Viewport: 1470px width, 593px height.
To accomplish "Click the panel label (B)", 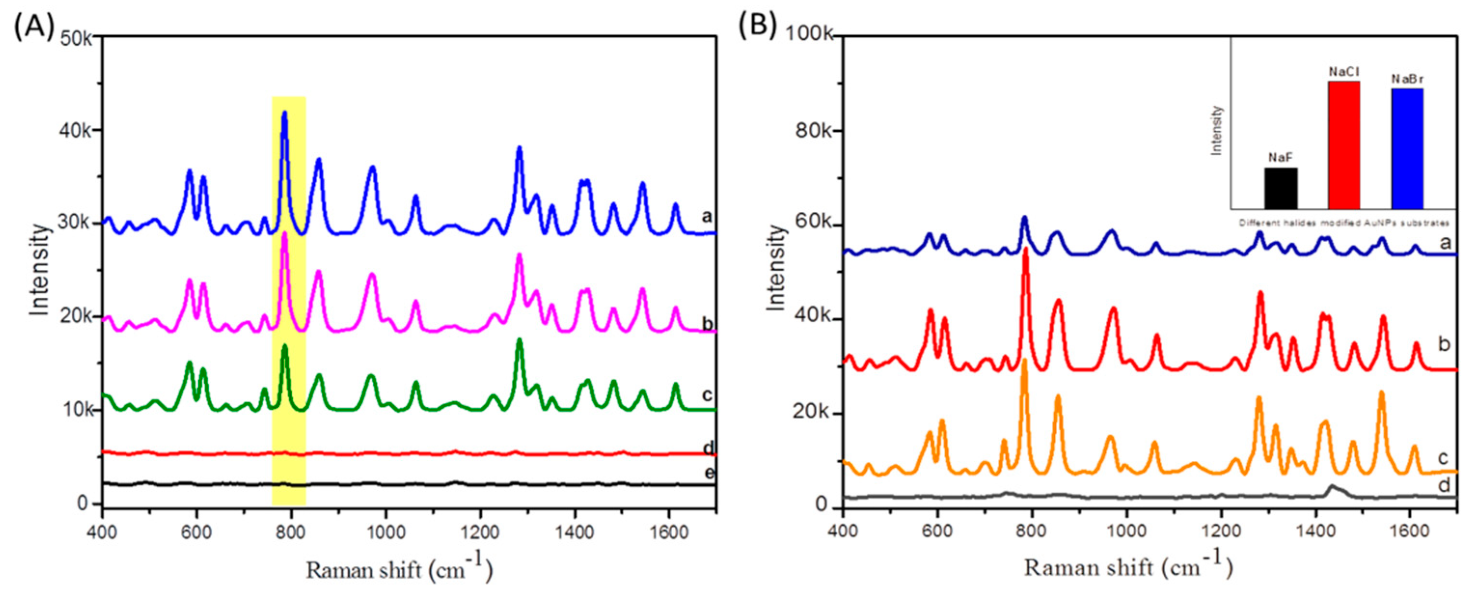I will [758, 26].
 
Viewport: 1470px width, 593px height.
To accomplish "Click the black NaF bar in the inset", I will [1280, 188].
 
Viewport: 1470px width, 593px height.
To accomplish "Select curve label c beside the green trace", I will [707, 394].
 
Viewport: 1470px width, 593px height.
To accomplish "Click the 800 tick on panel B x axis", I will [1031, 531].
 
